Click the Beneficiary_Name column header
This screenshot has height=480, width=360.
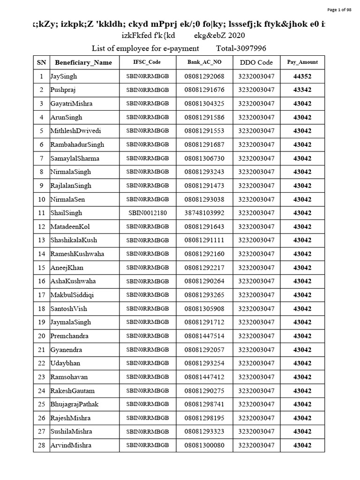[x=83, y=62]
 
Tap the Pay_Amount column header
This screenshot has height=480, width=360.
[x=302, y=62]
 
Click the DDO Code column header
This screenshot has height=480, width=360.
[x=256, y=62]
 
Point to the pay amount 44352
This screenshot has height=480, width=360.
[x=302, y=76]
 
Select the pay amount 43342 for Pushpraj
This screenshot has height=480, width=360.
[x=302, y=90]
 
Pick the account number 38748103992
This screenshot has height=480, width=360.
[x=204, y=213]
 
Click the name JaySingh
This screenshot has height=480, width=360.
[x=64, y=76]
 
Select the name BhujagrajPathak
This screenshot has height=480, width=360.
[x=75, y=404]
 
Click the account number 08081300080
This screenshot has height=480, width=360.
[x=204, y=445]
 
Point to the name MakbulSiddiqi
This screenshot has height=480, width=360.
[x=72, y=295]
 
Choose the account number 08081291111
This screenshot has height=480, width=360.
[x=204, y=240]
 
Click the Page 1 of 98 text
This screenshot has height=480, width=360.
[x=339, y=10]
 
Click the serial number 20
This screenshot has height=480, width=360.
[x=41, y=336]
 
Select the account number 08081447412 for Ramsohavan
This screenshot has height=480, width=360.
[x=204, y=377]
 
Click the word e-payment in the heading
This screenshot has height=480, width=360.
[x=182, y=48]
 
